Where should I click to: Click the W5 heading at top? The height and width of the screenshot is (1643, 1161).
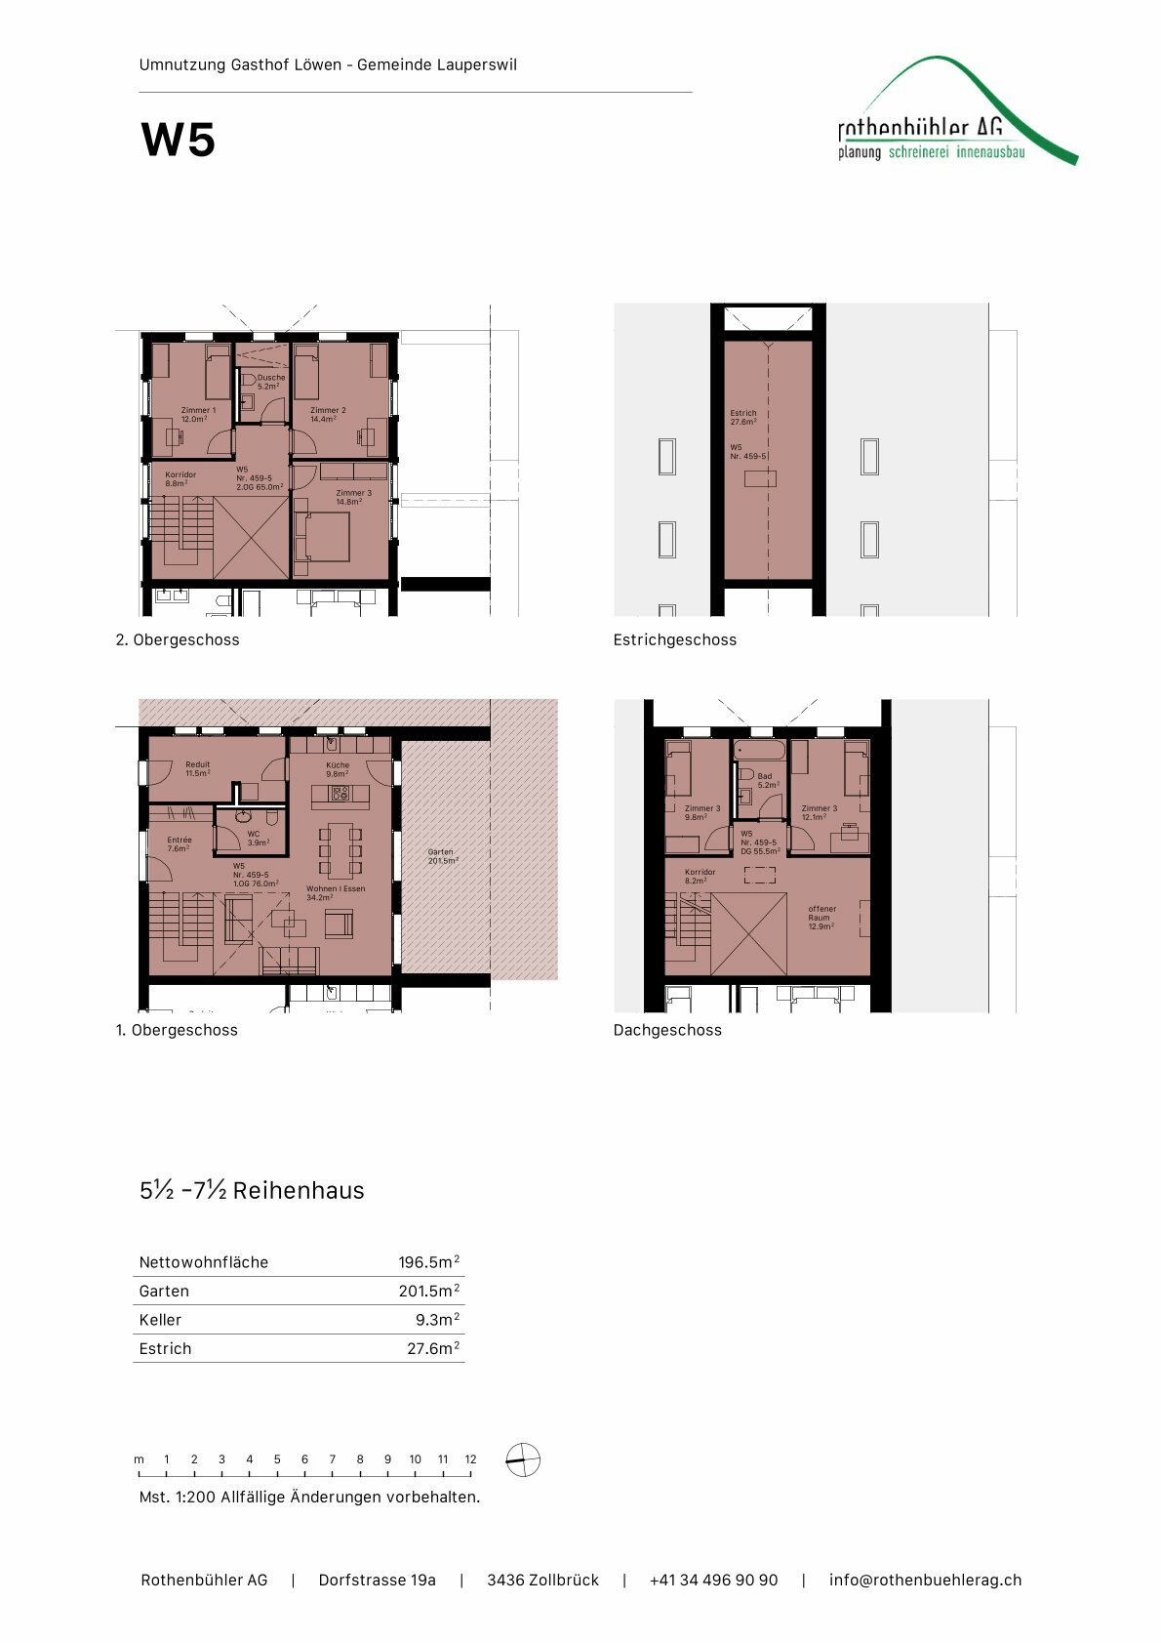(x=178, y=140)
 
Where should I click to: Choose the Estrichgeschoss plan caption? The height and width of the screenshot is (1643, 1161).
(x=674, y=640)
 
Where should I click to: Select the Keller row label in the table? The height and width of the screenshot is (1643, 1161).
(x=160, y=1320)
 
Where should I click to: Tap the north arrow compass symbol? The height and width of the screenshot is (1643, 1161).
(x=523, y=1460)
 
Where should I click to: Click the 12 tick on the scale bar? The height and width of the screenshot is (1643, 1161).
(x=470, y=1459)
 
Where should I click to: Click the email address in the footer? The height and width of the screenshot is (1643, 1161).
(x=925, y=1580)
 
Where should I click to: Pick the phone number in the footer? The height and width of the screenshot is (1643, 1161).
(x=713, y=1580)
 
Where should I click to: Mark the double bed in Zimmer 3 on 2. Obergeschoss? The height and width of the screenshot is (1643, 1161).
(x=326, y=537)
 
